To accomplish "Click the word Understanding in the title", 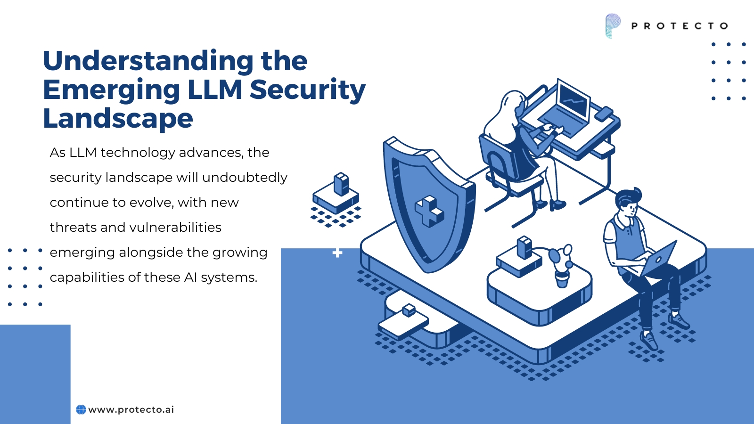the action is [148, 61].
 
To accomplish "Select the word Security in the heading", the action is [308, 90].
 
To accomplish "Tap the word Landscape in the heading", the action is [118, 119].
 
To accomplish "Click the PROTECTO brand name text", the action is [680, 26].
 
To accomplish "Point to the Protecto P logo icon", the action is [613, 25].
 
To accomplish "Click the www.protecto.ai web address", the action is [131, 409].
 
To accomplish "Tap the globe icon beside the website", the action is [81, 409].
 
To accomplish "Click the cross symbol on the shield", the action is [429, 211].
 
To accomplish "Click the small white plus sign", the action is [337, 253].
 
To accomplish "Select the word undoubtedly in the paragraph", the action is [245, 177].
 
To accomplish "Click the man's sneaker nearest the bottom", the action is [648, 341].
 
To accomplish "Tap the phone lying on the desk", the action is [604, 114].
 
